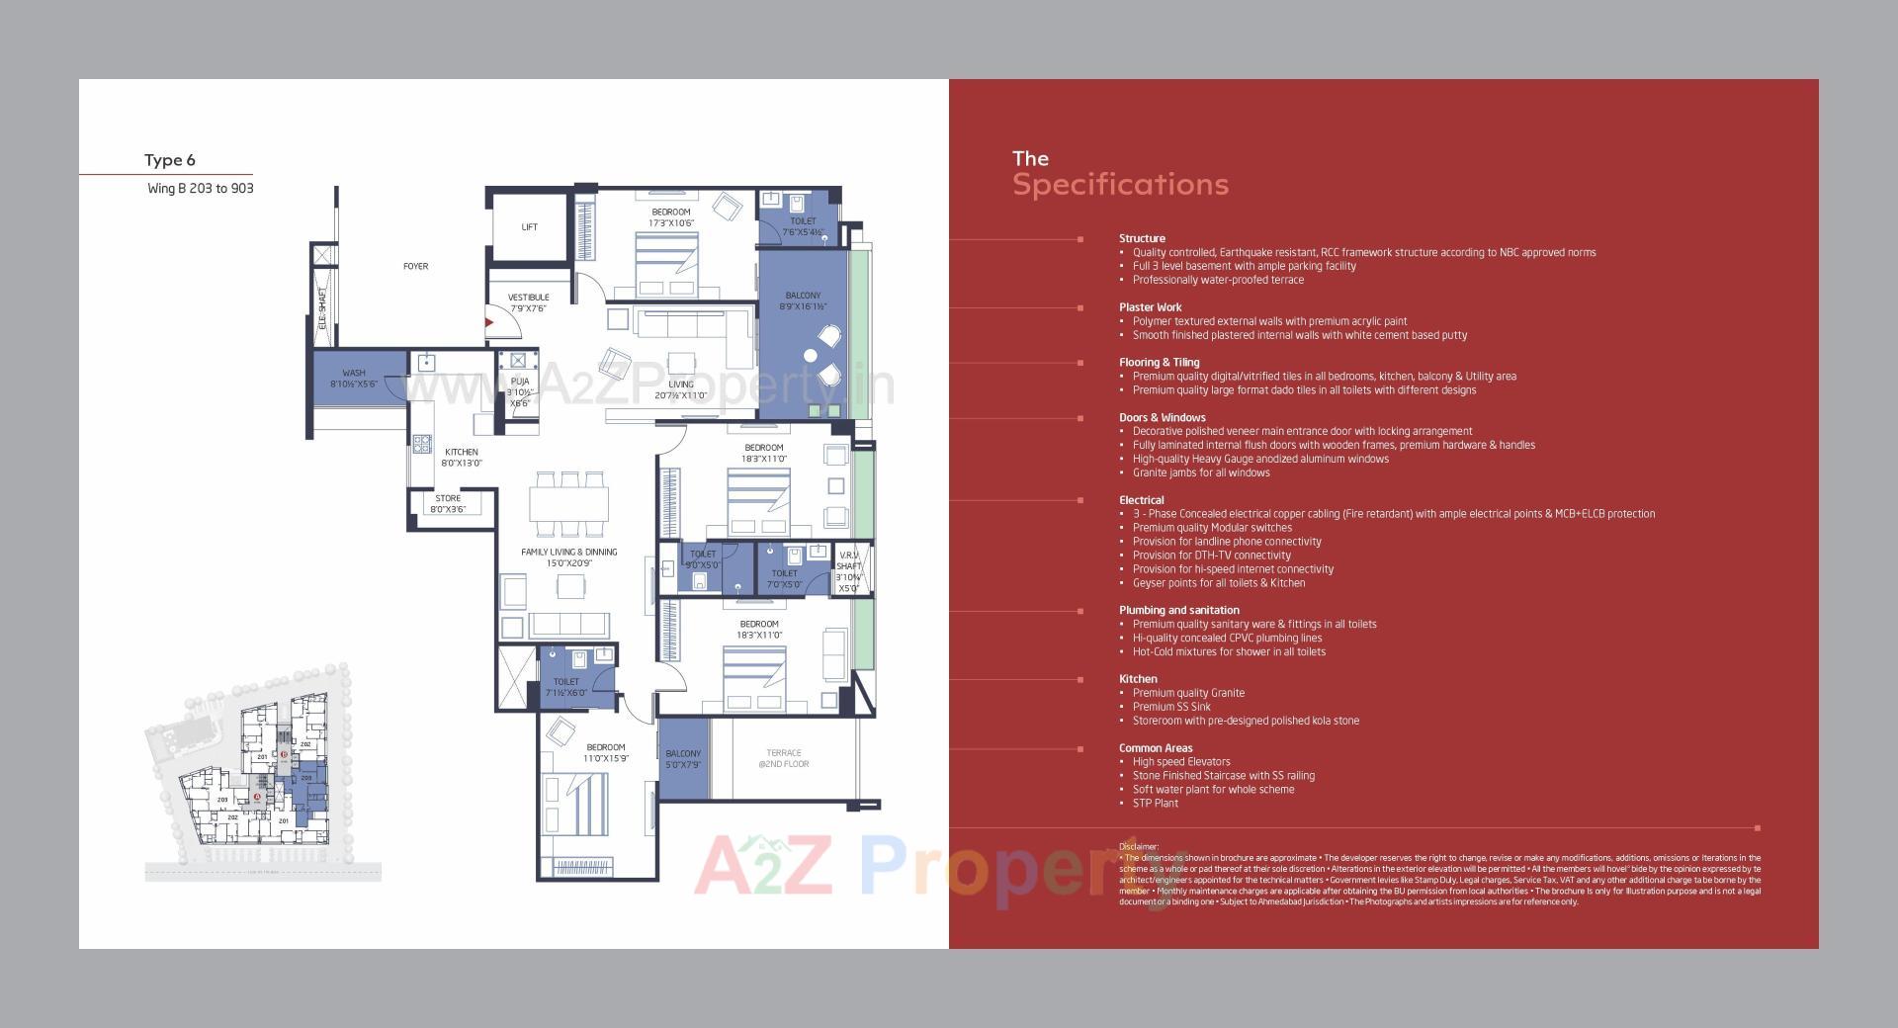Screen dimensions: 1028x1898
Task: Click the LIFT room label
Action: point(530,227)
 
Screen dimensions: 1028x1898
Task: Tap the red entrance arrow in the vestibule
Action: point(488,321)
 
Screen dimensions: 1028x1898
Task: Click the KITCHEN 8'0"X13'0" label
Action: point(461,458)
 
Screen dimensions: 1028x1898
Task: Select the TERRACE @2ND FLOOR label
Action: point(784,758)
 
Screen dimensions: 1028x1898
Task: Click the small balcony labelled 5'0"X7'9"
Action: point(683,759)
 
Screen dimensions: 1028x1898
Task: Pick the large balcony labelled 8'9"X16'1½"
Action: point(803,300)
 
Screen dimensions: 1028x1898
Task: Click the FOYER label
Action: point(416,266)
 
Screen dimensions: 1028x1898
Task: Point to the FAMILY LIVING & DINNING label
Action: point(568,557)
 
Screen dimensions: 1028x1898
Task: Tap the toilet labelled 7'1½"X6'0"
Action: point(566,687)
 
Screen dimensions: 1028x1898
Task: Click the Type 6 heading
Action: point(170,160)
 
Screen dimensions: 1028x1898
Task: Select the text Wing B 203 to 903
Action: point(201,188)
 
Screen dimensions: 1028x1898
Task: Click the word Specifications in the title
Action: point(1120,185)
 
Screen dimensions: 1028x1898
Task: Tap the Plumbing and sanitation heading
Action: point(1178,610)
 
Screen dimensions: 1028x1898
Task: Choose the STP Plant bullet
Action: point(1155,803)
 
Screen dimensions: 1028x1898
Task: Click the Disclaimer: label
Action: point(1139,847)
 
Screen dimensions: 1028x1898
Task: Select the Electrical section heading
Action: point(1141,500)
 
